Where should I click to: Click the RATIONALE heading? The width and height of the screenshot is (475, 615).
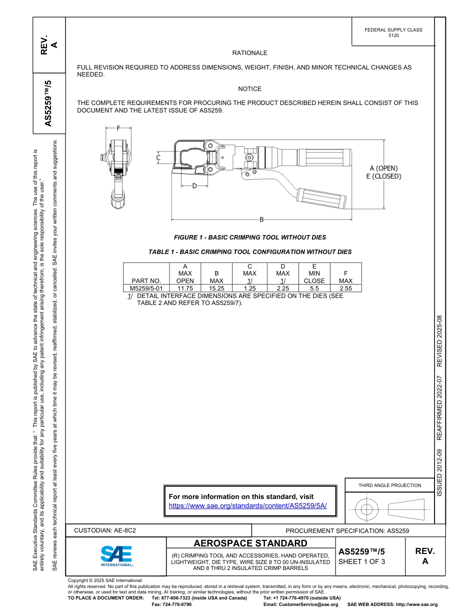point(249,53)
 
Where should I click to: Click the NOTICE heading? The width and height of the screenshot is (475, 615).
point(249,89)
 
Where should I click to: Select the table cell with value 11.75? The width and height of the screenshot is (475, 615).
point(185,288)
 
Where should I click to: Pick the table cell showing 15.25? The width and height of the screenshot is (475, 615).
point(216,288)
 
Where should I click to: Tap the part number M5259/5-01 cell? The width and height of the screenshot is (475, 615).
point(146,288)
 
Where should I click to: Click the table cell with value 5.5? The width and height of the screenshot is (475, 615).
point(314,288)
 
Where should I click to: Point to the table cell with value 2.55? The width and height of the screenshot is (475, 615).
point(345,288)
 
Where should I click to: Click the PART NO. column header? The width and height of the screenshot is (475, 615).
point(146,280)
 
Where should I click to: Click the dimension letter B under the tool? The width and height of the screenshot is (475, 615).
point(261,219)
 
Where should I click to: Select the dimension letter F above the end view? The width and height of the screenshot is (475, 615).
point(118,128)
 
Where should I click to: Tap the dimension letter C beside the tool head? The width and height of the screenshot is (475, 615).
point(158,158)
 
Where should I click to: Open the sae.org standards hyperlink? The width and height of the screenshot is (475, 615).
point(247,505)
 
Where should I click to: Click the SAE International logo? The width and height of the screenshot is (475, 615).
point(116,555)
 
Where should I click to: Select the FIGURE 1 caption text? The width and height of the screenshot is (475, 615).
point(249,237)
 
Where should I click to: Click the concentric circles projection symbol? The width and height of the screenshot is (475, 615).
point(367,510)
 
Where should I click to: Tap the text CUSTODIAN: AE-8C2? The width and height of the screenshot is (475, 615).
point(105,530)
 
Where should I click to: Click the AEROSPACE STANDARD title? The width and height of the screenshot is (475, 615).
point(250,543)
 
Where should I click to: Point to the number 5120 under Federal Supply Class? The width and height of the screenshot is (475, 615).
point(393,36)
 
